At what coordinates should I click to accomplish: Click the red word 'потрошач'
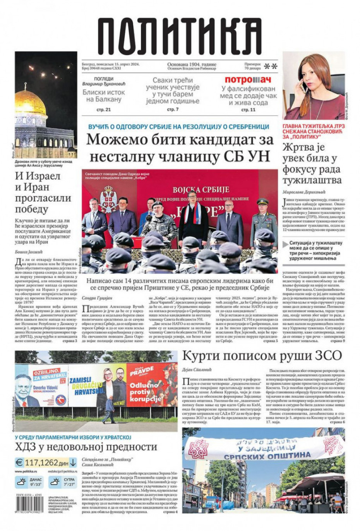tap(248, 80)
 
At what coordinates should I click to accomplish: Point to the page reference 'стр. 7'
tap(173, 110)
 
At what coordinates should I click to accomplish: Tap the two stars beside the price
tap(271, 66)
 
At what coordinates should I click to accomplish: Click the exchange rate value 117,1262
tap(41, 462)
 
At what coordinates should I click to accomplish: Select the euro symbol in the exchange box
tap(19, 462)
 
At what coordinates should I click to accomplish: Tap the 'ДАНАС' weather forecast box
tap(29, 482)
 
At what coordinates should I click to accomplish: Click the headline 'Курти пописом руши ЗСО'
tap(262, 355)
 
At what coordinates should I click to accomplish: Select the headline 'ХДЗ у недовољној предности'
tap(86, 447)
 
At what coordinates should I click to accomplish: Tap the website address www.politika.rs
tap(26, 471)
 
